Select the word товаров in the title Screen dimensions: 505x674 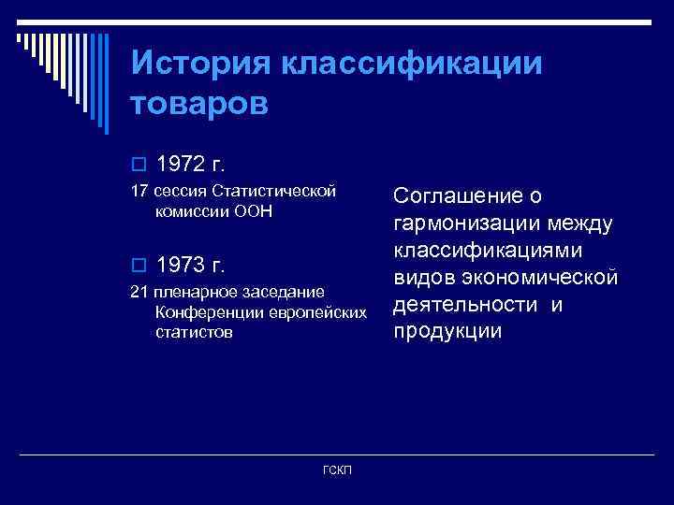coord(199,102)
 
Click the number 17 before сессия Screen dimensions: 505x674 coord(139,192)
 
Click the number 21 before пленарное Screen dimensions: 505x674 coord(139,293)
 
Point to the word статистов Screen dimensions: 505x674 coord(192,331)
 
